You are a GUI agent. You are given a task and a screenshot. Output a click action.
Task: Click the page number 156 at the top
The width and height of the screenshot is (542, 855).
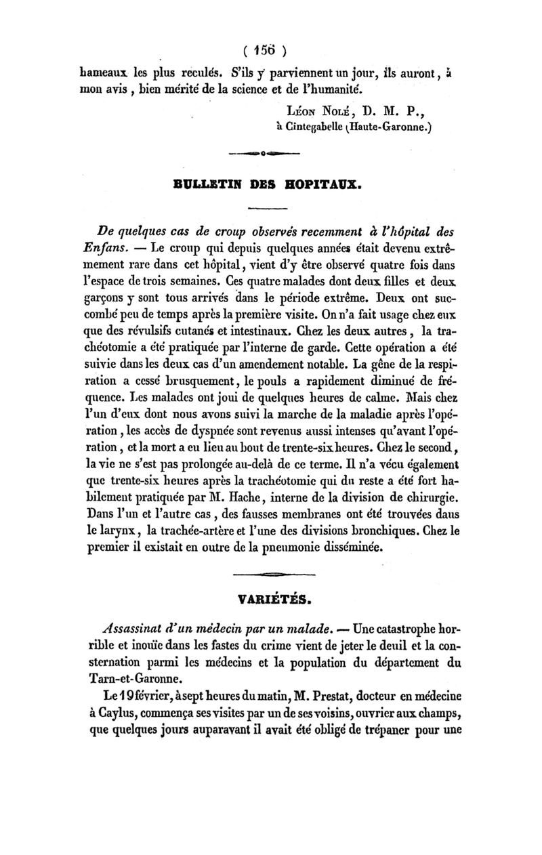click(x=268, y=49)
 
